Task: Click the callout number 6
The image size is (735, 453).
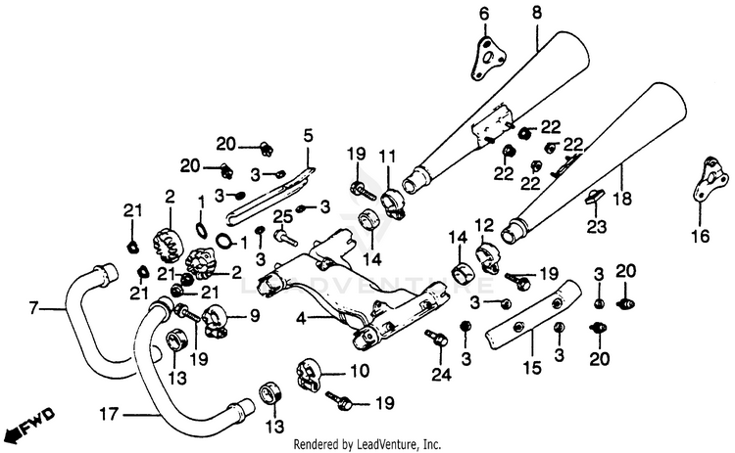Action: click(x=483, y=13)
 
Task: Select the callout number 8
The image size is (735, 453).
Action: click(x=536, y=13)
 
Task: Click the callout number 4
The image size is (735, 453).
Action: click(x=302, y=317)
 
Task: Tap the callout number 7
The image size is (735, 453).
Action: click(x=33, y=309)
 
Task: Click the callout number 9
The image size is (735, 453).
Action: click(x=255, y=315)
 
